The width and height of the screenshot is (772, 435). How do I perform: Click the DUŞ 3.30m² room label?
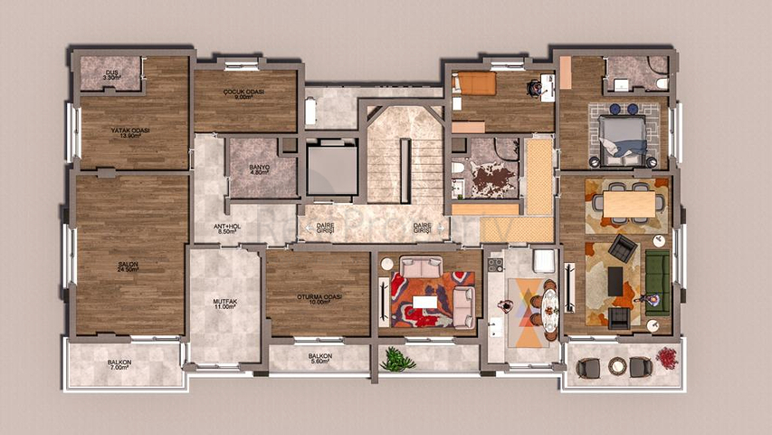pos(112,75)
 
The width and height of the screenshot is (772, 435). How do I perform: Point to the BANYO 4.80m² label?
pos(261,169)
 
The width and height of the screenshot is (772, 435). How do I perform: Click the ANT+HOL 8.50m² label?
pos(226,229)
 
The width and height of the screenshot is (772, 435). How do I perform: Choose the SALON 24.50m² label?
pos(127,267)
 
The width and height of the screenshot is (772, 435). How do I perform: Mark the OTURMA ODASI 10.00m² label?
pos(319,299)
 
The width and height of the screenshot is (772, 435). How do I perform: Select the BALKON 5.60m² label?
pos(319,358)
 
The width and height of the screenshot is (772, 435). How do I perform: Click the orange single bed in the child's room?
pos(474,83)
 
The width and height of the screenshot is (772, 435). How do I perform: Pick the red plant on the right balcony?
pos(667,358)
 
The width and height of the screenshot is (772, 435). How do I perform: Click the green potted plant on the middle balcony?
pos(396,360)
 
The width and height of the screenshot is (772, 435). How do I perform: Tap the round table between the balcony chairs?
pos(617,366)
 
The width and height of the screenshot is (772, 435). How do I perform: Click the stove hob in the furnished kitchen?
pos(495,266)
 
